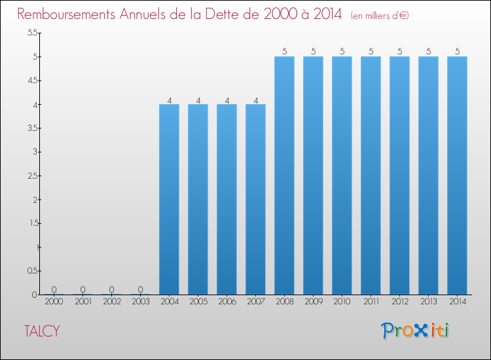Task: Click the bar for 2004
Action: pos(169,199)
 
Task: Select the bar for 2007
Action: pos(255,199)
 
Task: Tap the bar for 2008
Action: pos(284,175)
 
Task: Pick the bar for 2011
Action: pos(371,175)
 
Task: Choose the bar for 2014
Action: pos(457,175)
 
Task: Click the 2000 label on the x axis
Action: pos(54,302)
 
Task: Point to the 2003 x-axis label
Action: pos(140,302)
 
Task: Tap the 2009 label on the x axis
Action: pos(313,302)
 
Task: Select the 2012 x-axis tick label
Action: pos(399,302)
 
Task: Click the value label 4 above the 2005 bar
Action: pos(198,101)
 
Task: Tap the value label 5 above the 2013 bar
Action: pos(429,51)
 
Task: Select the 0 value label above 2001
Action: pos(83,289)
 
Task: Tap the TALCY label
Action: pos(42,331)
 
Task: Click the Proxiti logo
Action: pos(416,331)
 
